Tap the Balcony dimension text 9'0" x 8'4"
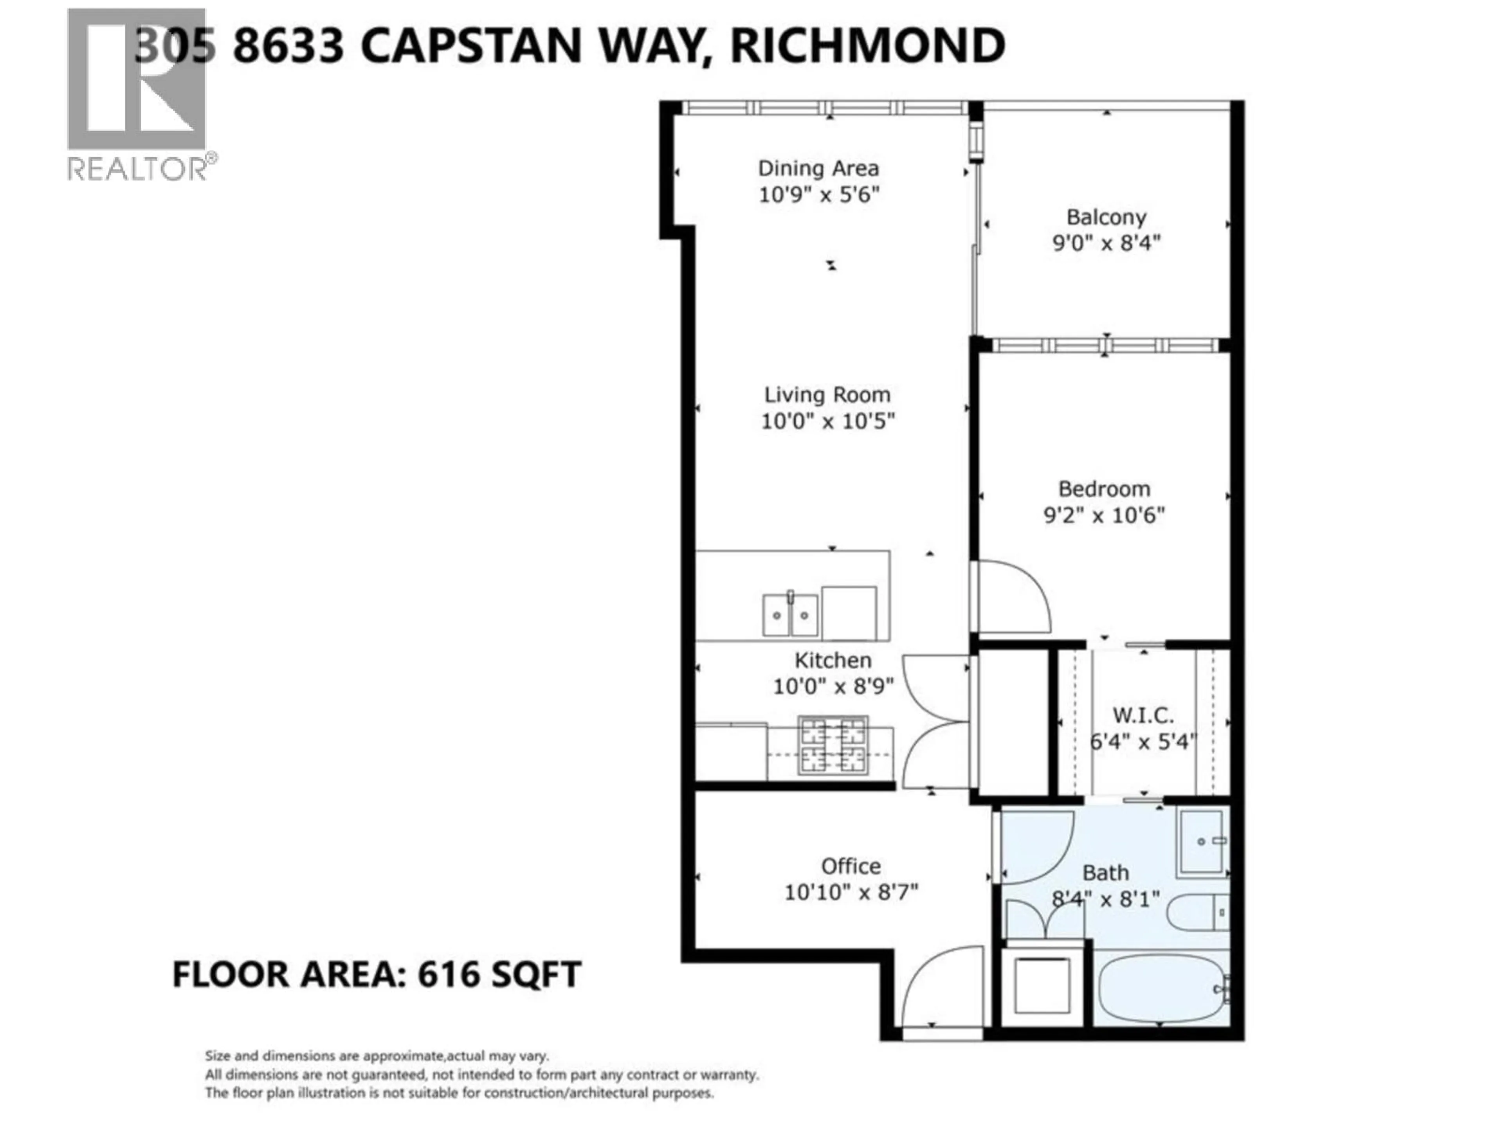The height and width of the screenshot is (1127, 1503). tap(1106, 243)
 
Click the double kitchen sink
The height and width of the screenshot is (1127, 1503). tap(789, 615)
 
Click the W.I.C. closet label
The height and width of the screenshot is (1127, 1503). tap(1143, 715)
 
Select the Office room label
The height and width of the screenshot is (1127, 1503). tap(851, 866)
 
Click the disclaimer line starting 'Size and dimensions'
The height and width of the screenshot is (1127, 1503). tap(377, 1056)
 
